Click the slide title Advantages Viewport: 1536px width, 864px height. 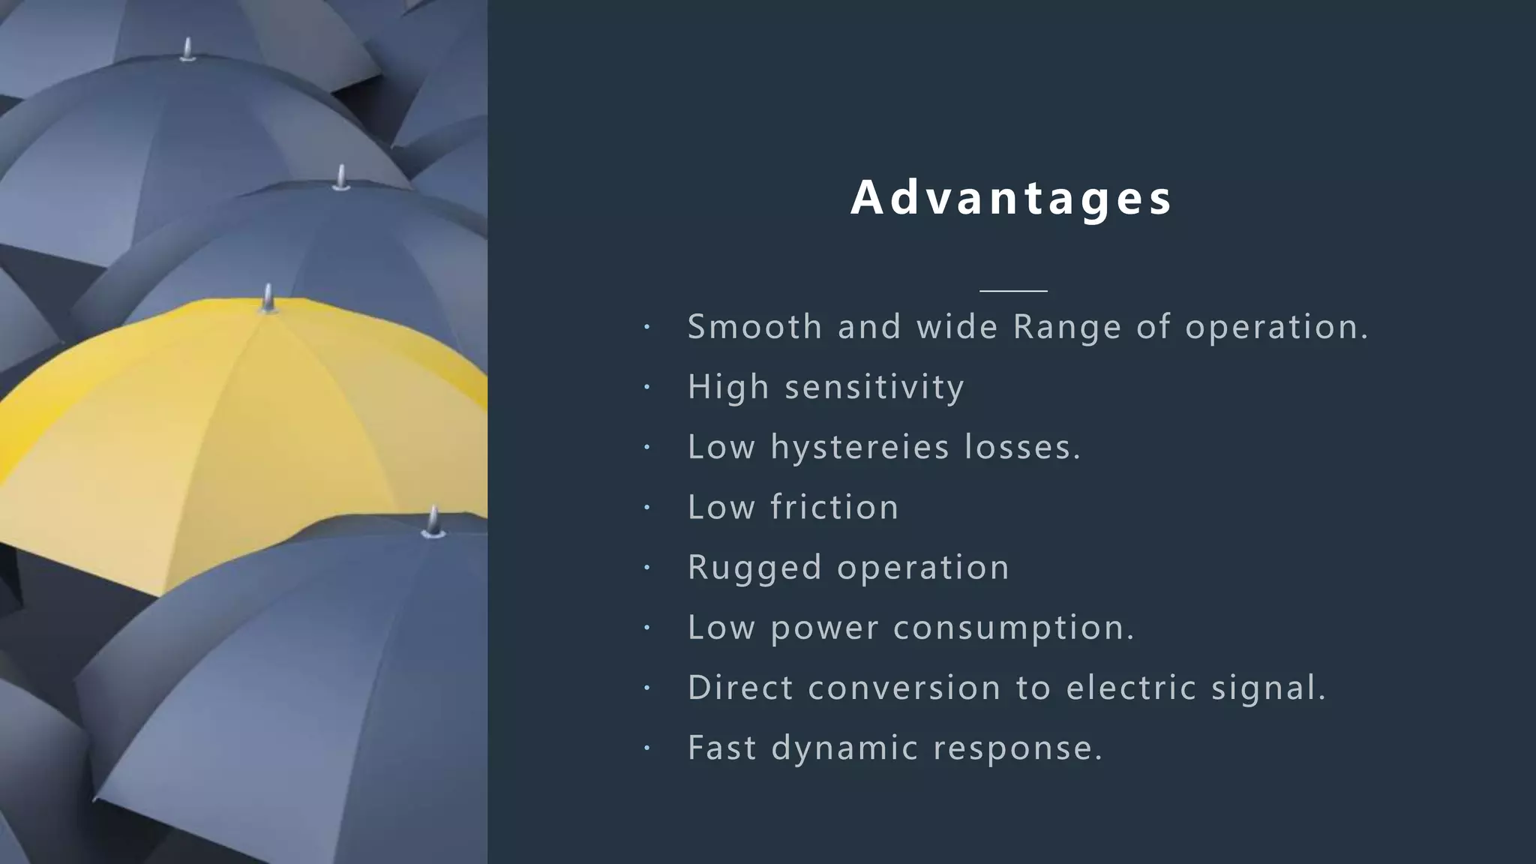[x=1012, y=198]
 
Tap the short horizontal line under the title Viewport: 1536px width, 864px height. [x=1013, y=290]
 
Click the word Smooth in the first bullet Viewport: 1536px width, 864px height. [x=754, y=327]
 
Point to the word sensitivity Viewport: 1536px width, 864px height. [x=874, y=388]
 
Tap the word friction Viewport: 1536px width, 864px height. [x=835, y=507]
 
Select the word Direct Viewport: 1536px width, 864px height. [x=740, y=688]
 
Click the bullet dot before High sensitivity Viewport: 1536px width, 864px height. [x=647, y=388]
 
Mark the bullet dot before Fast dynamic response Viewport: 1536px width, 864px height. [x=647, y=748]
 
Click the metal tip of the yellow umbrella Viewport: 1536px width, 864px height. [x=268, y=298]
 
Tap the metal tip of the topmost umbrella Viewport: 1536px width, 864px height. [x=187, y=49]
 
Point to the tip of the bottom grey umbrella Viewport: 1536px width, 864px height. [x=433, y=522]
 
